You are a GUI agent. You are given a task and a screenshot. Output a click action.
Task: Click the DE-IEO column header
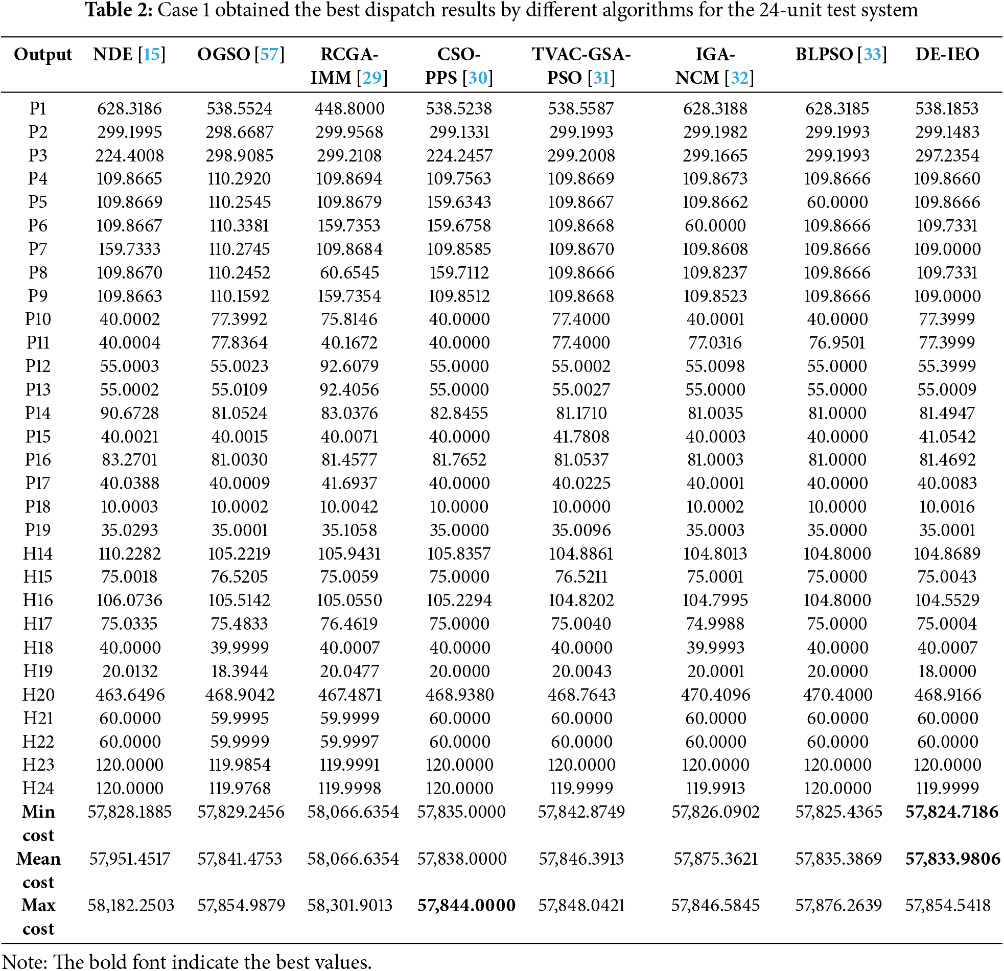click(x=947, y=54)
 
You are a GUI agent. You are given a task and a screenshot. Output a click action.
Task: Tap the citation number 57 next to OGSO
click(x=269, y=54)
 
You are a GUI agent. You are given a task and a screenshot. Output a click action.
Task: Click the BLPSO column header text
click(x=824, y=54)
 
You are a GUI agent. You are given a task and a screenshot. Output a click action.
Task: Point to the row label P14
click(x=38, y=413)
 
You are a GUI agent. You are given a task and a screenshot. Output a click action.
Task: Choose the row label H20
click(x=38, y=695)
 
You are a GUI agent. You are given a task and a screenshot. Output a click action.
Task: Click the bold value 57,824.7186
click(x=952, y=812)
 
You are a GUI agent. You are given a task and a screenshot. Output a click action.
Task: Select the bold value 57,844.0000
click(x=466, y=906)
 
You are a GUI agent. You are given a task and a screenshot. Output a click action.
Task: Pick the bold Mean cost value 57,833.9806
click(x=952, y=859)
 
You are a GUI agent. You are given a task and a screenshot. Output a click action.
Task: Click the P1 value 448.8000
click(x=349, y=109)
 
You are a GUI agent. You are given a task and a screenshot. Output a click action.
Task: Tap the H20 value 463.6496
click(x=130, y=695)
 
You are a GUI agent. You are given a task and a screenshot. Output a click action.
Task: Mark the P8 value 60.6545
click(x=349, y=272)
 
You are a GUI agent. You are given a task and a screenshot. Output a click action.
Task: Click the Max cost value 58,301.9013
click(x=349, y=906)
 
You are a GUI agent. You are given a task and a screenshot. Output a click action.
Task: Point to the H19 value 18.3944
click(x=239, y=671)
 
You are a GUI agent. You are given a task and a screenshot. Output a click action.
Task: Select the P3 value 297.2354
click(x=947, y=155)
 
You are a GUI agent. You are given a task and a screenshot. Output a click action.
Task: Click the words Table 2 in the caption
click(x=119, y=10)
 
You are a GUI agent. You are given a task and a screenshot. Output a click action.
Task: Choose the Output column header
click(x=43, y=54)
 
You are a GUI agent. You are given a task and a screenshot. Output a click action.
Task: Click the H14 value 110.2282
click(x=130, y=554)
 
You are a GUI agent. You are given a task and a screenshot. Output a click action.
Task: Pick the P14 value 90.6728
click(x=130, y=413)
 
